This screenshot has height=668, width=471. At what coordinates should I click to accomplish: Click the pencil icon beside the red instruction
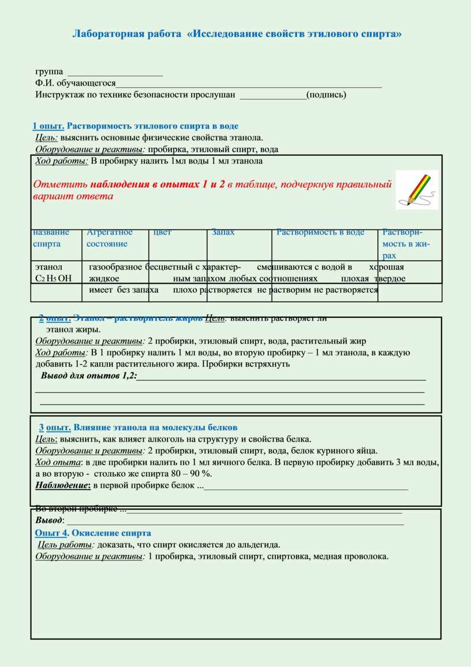[x=416, y=190]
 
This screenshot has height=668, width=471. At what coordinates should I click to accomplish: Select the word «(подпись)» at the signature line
[x=326, y=95]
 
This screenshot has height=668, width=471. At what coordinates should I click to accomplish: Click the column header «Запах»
[x=223, y=232]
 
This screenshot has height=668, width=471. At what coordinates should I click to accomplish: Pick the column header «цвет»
[x=162, y=232]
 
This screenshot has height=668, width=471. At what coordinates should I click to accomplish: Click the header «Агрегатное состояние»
[x=110, y=238]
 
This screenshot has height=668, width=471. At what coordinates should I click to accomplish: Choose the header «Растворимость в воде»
[x=320, y=232]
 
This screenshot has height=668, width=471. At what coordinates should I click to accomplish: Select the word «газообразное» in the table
[x=115, y=267]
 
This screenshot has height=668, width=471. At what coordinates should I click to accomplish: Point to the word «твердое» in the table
[x=390, y=279]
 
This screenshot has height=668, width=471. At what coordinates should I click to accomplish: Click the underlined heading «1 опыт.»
[x=48, y=126]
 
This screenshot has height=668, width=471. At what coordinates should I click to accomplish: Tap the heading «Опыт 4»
[x=52, y=533]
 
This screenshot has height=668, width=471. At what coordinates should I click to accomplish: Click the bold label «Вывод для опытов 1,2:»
[x=89, y=376]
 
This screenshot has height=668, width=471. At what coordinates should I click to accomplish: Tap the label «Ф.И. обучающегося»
[x=75, y=83]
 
